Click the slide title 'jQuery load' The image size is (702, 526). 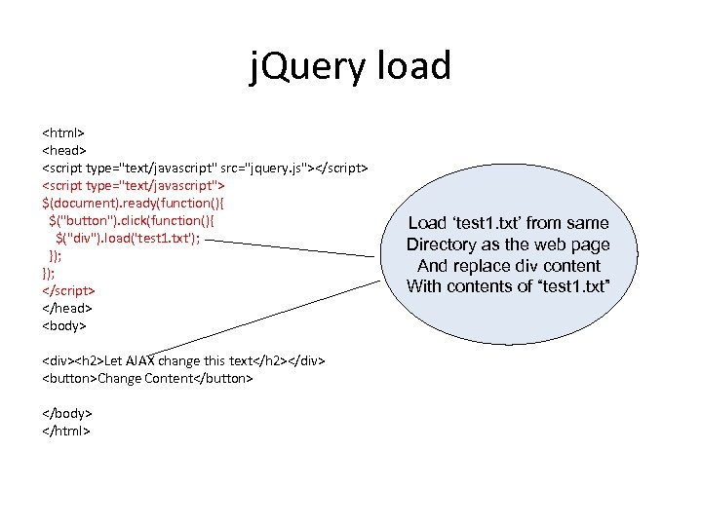351,67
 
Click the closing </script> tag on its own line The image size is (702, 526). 68,290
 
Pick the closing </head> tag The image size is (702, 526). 66,308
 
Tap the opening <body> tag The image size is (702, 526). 64,325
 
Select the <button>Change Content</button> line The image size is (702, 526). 147,378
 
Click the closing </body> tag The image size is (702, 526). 66,413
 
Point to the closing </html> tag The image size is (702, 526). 65,431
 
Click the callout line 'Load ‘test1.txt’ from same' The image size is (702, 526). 508,223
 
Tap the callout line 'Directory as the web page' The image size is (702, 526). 508,244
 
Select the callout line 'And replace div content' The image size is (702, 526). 508,265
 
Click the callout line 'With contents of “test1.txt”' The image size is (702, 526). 508,285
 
